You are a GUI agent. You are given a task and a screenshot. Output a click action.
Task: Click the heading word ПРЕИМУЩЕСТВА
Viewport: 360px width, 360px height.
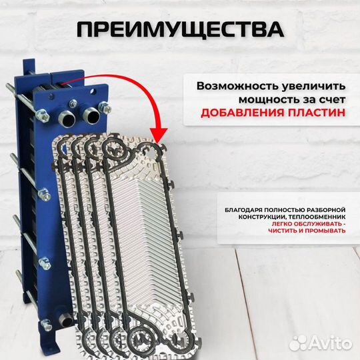click(180, 30)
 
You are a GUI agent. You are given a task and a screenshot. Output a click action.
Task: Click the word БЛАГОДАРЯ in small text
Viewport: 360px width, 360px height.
click(242, 211)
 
